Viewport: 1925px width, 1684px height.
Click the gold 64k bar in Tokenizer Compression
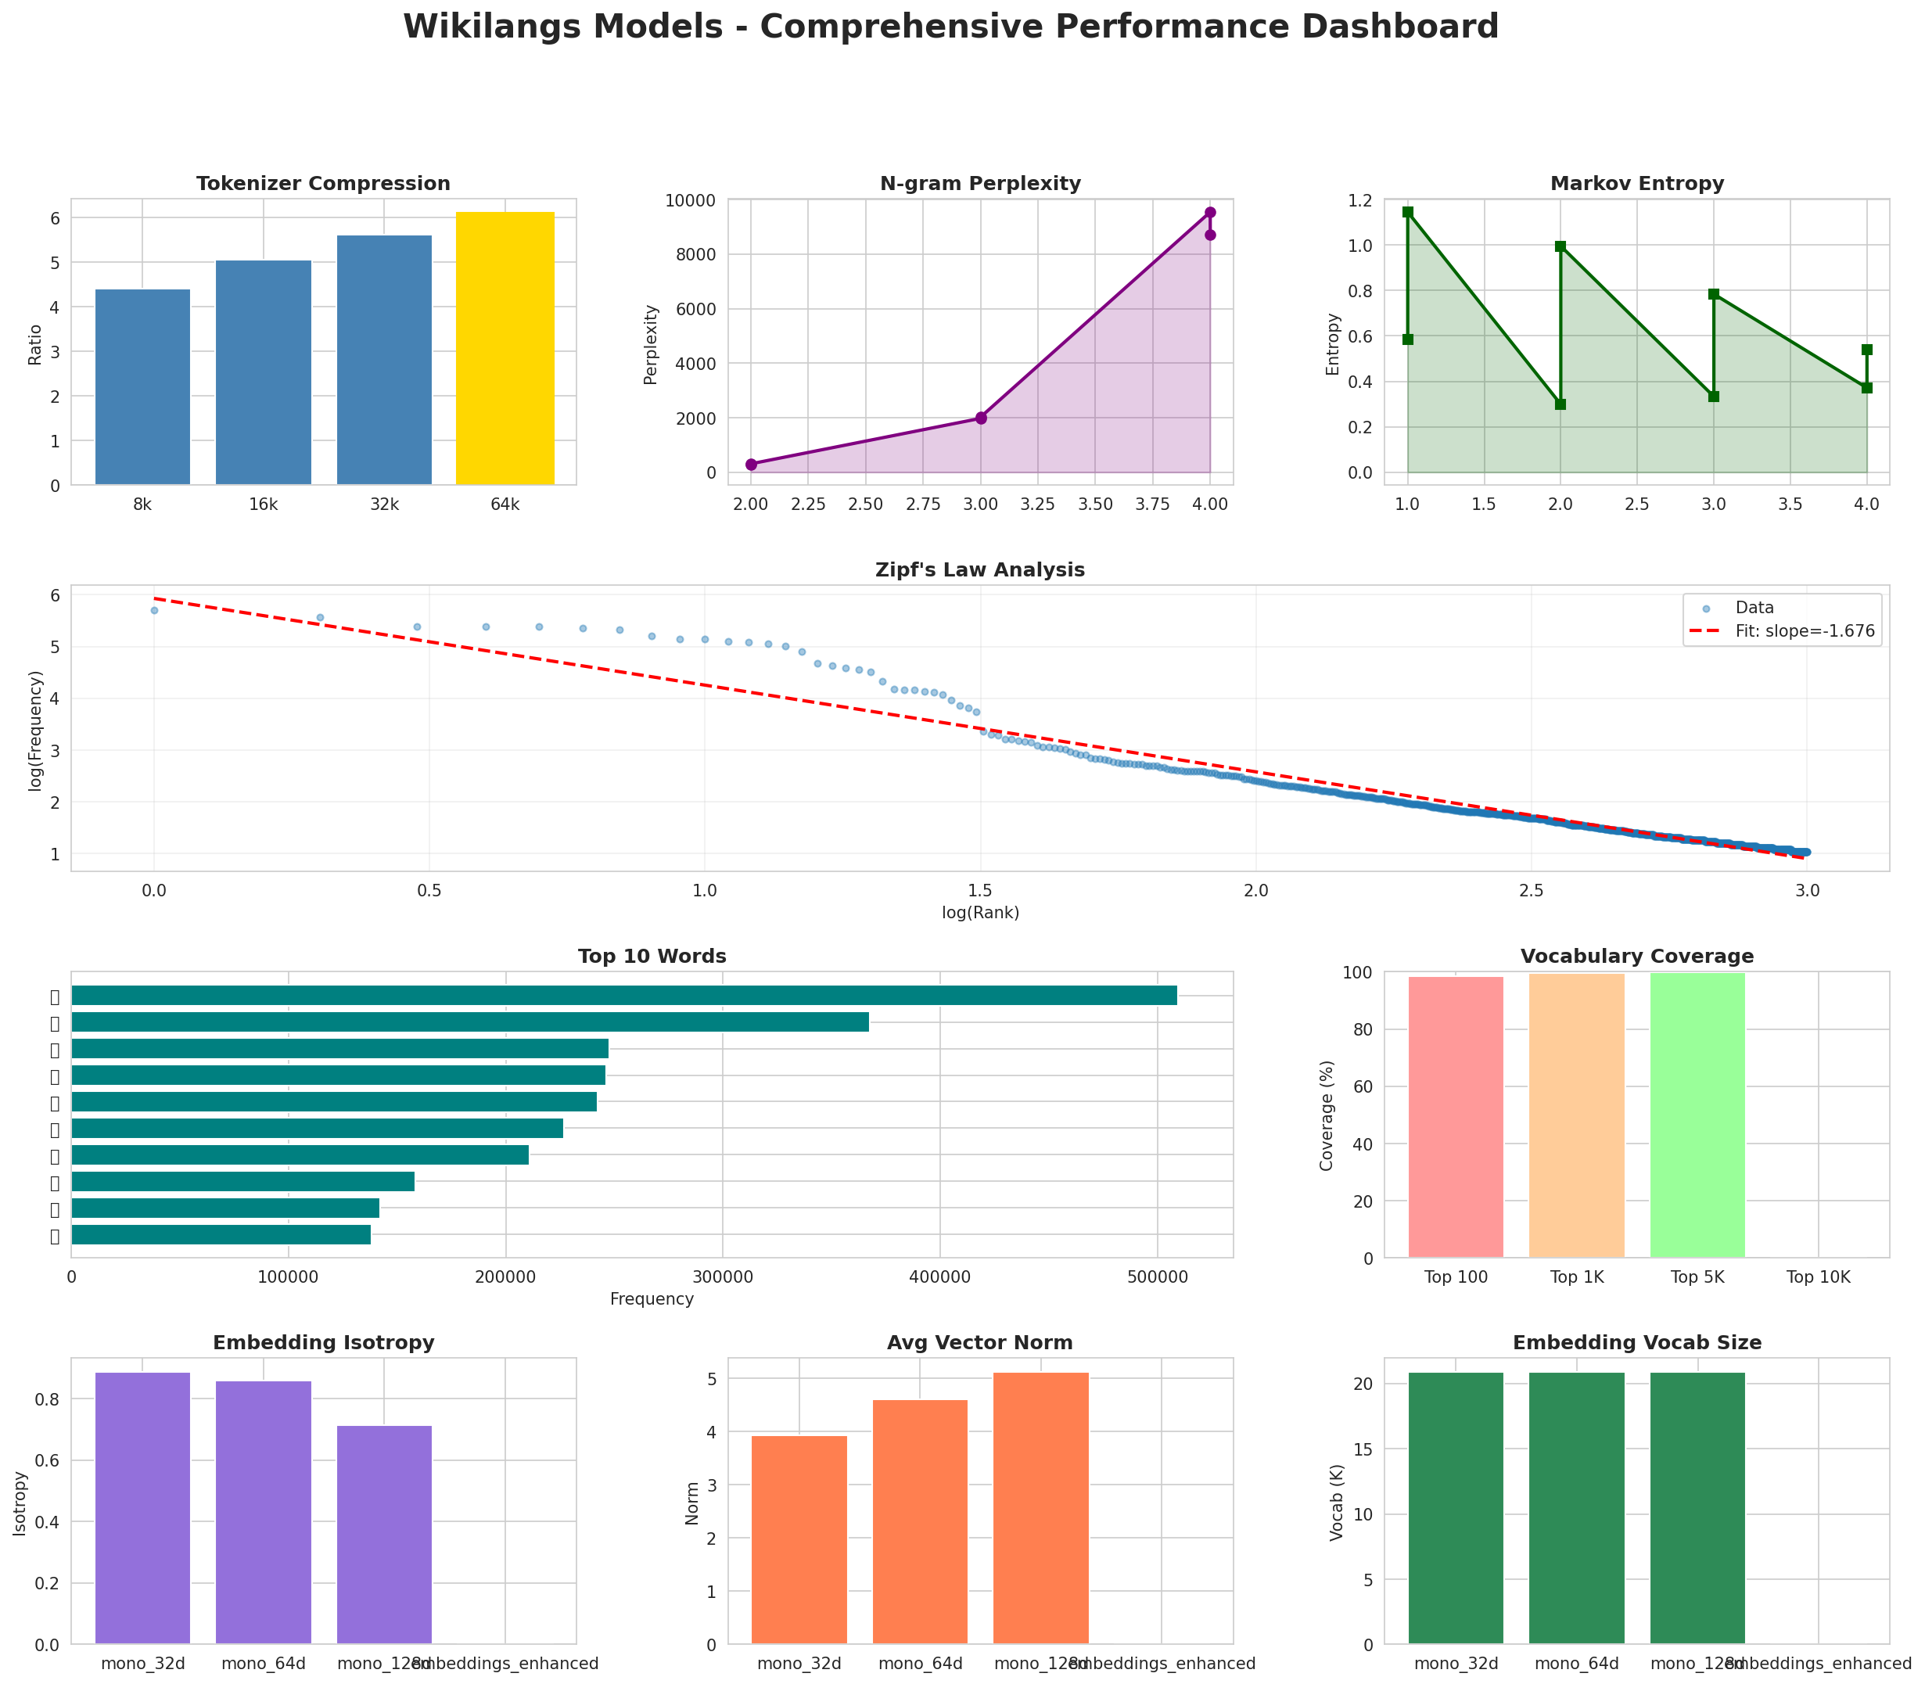point(505,348)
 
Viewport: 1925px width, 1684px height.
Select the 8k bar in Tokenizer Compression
point(143,387)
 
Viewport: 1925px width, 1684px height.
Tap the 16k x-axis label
point(263,505)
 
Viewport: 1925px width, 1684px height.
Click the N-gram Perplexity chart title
point(980,184)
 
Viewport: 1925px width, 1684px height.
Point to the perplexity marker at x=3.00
point(980,418)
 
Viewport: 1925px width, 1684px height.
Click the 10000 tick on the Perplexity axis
point(691,200)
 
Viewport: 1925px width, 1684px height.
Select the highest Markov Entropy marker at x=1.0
point(1407,213)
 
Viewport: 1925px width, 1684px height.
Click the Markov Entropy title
point(1636,184)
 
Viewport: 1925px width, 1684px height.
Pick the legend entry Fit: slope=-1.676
point(1804,631)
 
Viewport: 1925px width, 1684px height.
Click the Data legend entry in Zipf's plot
point(1754,608)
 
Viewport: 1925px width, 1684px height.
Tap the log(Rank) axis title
point(980,913)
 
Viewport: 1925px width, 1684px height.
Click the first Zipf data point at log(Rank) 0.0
point(154,611)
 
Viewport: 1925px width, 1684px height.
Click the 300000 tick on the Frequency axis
point(722,1278)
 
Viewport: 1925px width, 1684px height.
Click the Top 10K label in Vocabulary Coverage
point(1818,1278)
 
